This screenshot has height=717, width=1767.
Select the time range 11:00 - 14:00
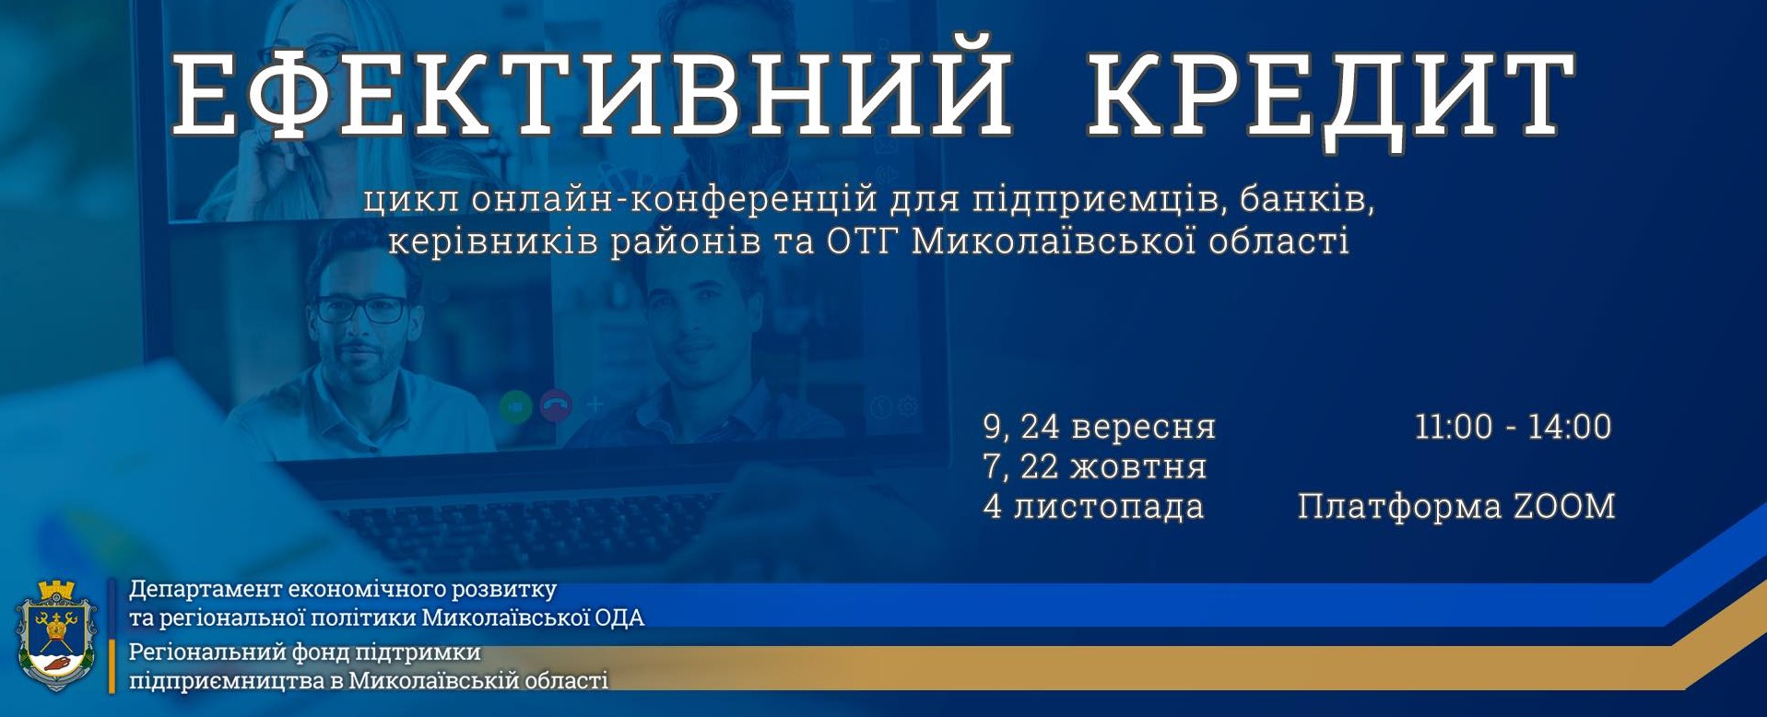point(1513,427)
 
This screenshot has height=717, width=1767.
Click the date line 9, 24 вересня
point(1100,428)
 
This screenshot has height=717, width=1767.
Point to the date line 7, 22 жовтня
point(1095,467)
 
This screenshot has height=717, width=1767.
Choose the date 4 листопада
point(1094,507)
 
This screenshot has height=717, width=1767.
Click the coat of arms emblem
point(57,635)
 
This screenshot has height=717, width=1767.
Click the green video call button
point(516,406)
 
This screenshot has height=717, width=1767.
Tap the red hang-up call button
point(555,406)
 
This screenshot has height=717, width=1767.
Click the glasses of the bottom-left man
point(361,309)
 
